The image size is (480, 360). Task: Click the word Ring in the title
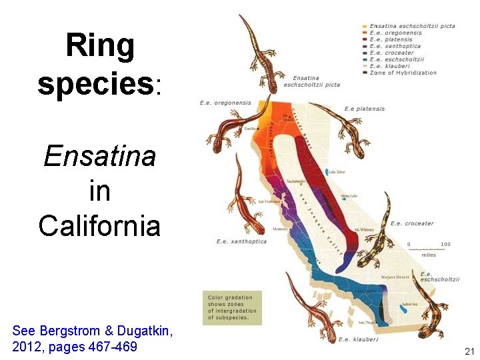(100, 47)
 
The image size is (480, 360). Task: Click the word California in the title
(99, 225)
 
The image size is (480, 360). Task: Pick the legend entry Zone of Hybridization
(403, 73)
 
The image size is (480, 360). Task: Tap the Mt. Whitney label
(364, 229)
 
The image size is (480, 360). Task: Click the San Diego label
(366, 322)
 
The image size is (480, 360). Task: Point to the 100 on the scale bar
(445, 244)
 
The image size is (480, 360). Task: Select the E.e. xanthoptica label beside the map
(241, 241)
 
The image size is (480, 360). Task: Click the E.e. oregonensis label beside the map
(225, 103)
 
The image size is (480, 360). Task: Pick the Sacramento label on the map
(296, 181)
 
